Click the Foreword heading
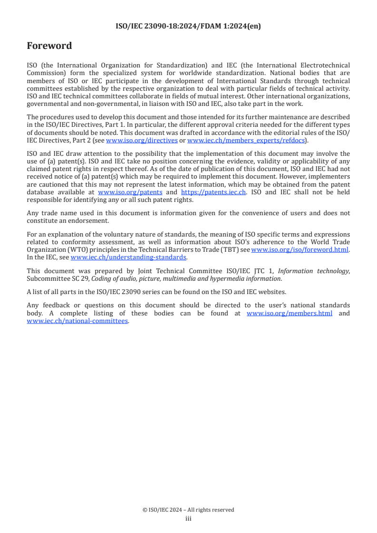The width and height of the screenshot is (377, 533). [49, 46]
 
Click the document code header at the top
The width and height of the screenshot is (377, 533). [188, 27]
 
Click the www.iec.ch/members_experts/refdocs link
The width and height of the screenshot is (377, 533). [246, 141]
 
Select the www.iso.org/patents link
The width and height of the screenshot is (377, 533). [130, 192]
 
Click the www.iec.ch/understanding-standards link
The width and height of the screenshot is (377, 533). [128, 257]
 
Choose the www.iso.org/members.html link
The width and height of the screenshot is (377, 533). [290, 314]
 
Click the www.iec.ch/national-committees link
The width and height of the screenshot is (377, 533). [77, 321]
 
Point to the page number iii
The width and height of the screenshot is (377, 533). [188, 519]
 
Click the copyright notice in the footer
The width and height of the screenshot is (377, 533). [188, 510]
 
